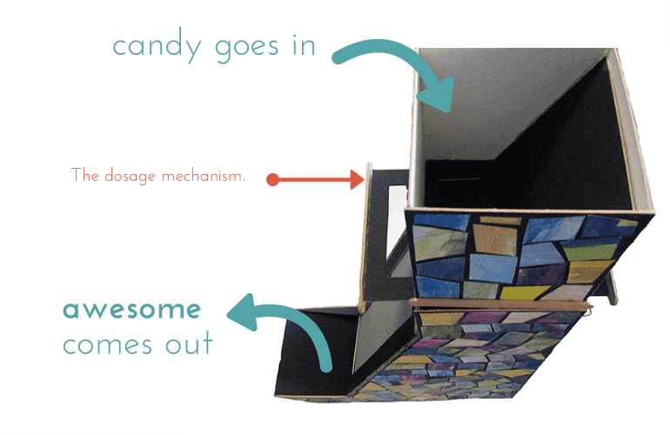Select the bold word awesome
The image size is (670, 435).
[131, 310]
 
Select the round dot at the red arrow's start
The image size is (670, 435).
[272, 180]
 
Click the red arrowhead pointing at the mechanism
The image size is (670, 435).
[356, 180]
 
